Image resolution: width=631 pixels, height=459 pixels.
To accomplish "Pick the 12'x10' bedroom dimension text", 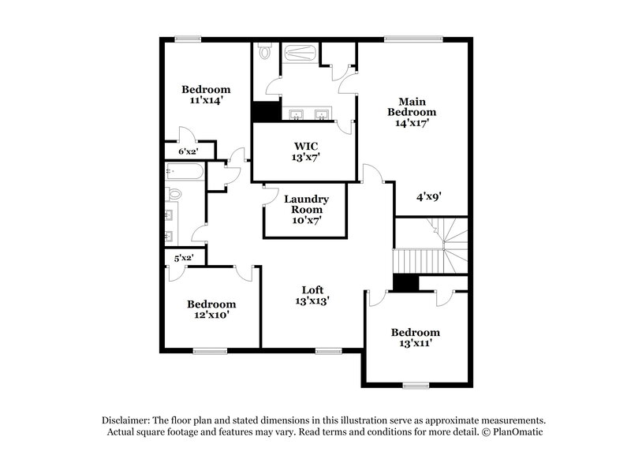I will coord(211,315).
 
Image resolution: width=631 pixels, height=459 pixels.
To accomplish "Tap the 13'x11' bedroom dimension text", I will coord(416,343).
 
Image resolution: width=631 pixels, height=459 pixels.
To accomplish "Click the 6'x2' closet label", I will coord(186,151).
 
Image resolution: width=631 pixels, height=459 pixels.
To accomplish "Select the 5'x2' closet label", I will coord(184,257).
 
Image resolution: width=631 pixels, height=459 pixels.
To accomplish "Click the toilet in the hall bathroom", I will coord(174,194).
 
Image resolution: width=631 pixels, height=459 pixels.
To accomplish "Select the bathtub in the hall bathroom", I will coord(186,172).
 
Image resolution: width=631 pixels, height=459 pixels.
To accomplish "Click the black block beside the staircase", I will coord(405,283).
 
